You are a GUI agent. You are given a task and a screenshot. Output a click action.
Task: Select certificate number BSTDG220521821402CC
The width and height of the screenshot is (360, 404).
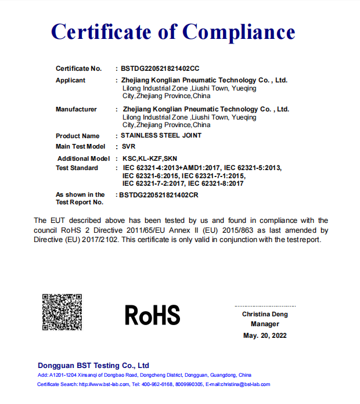160,68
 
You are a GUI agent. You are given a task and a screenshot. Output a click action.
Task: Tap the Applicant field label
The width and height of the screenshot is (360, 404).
70,81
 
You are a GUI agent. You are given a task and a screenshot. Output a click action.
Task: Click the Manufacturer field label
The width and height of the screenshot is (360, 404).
76,109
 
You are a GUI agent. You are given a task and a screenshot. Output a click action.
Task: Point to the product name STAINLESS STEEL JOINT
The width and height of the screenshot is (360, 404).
161,136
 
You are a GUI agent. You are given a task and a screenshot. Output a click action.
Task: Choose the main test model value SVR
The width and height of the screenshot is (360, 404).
128,147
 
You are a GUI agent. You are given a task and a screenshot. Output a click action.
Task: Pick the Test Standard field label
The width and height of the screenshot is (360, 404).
77,168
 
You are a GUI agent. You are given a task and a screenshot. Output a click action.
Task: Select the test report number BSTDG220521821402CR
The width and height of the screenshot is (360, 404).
159,195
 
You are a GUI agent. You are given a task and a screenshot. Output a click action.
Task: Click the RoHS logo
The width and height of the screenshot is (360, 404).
152,315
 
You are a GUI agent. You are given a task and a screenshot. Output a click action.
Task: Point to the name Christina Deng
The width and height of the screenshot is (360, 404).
265,315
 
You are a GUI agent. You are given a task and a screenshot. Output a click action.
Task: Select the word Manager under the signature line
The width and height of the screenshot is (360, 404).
265,324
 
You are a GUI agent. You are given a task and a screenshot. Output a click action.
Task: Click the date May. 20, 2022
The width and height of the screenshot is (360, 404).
265,336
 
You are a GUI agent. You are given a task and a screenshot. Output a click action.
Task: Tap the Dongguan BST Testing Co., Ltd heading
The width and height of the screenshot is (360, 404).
93,366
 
